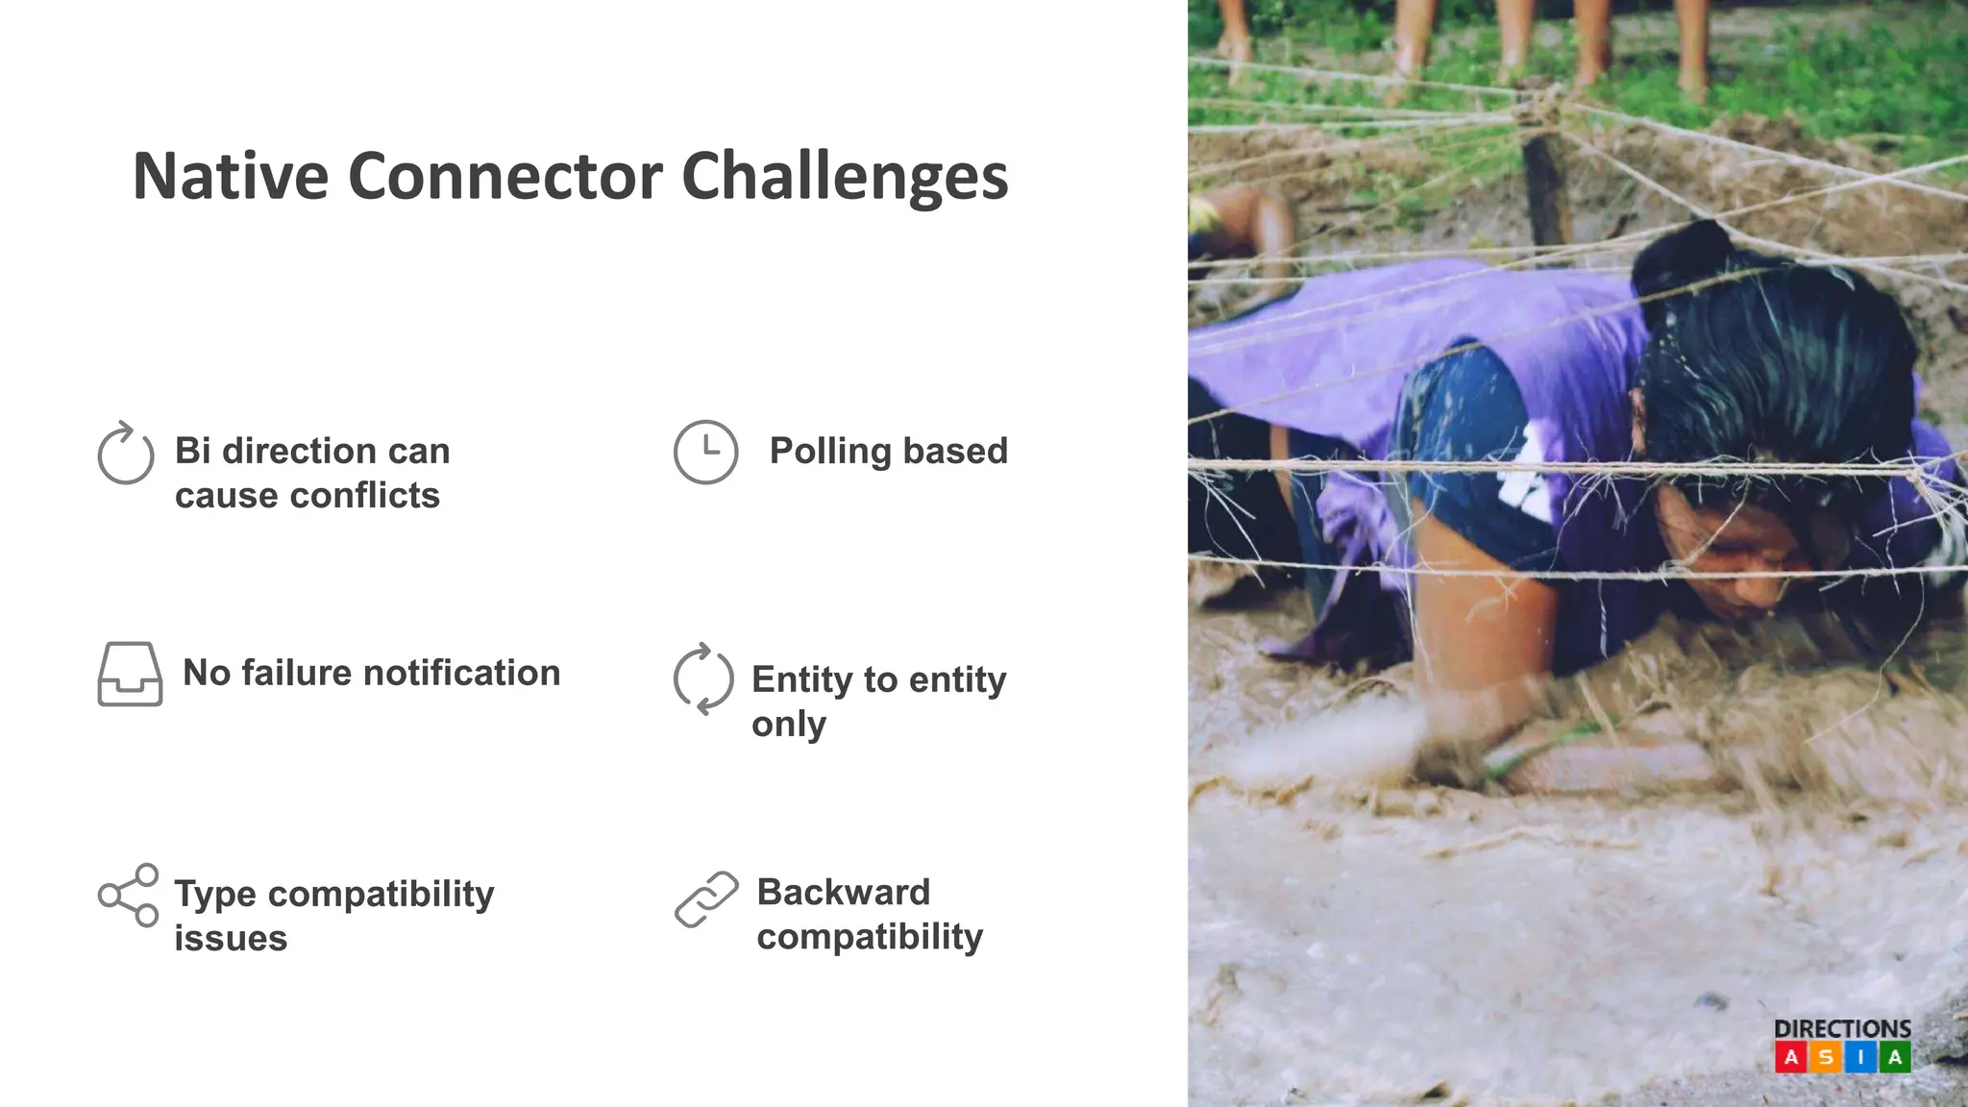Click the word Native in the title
click(231, 177)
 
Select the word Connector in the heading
click(504, 177)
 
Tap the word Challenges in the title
click(845, 177)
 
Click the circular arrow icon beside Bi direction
click(126, 454)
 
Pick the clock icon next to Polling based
click(705, 452)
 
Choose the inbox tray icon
click(130, 674)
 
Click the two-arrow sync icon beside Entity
click(703, 678)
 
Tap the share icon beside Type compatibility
click(129, 895)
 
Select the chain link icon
click(706, 899)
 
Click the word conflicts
click(364, 496)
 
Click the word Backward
click(844, 892)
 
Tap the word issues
click(231, 938)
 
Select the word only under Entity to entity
click(788, 724)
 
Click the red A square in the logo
click(1790, 1058)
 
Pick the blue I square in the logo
click(1860, 1058)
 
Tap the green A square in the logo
click(1895, 1058)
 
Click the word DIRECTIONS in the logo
click(1842, 1028)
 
